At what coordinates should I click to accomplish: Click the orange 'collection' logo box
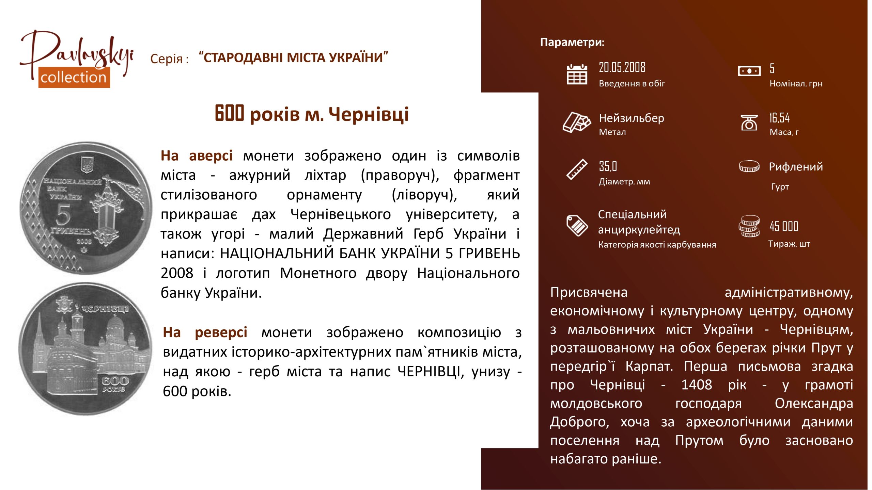point(74,77)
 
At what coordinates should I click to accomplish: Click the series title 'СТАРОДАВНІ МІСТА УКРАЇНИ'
point(293,58)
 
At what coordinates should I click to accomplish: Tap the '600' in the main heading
point(229,113)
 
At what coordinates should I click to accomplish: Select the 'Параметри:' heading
point(572,42)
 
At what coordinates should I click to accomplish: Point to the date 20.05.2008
point(622,67)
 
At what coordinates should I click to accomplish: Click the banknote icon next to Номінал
point(749,71)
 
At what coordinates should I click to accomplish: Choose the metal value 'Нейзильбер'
point(632,118)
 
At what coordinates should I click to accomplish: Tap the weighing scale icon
point(749,122)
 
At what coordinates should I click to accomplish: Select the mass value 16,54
point(779,118)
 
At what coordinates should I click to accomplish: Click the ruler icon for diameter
point(577,169)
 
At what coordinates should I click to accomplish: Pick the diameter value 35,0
point(608,166)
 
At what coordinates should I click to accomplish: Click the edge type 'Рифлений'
point(796,167)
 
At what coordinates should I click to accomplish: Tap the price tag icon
point(577,225)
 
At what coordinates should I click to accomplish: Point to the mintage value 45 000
point(784,226)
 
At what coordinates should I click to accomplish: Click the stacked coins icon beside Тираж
point(749,226)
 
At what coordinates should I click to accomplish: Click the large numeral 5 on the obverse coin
point(63,215)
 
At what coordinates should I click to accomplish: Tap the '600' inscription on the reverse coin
point(115,380)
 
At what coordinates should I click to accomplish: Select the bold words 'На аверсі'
point(197,156)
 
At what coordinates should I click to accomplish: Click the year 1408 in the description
point(697,385)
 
